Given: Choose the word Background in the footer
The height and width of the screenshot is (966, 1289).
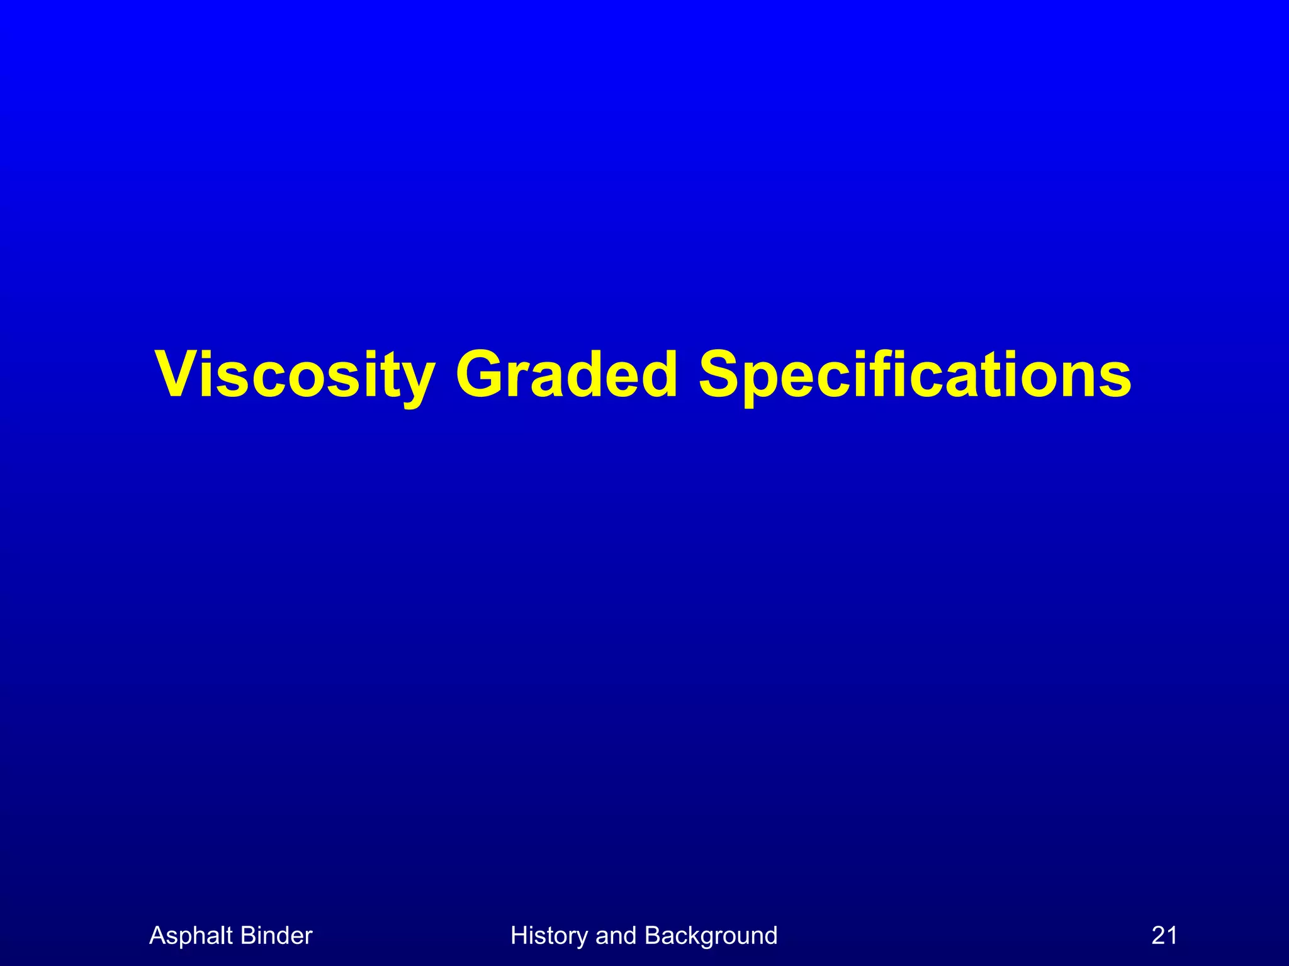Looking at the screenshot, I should (711, 936).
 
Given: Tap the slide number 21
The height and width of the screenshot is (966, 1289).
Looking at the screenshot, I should (1164, 936).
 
